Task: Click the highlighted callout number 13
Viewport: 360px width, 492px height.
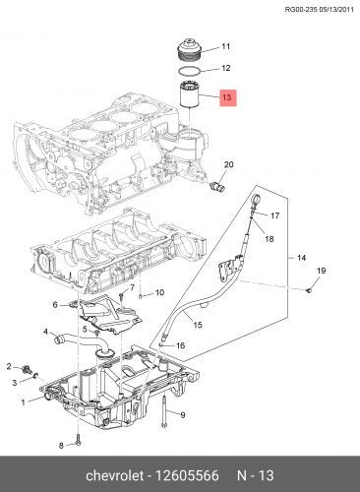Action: click(x=227, y=98)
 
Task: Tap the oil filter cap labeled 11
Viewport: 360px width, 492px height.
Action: click(x=188, y=48)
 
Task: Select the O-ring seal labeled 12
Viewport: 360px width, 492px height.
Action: click(x=191, y=70)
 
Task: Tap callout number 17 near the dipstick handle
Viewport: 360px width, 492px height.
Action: click(x=274, y=215)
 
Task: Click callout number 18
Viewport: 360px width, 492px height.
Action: click(x=269, y=239)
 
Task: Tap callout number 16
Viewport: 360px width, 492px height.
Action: click(x=179, y=344)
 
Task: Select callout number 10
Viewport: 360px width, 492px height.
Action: click(x=159, y=293)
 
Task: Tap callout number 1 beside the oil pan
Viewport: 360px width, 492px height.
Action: click(x=23, y=401)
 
